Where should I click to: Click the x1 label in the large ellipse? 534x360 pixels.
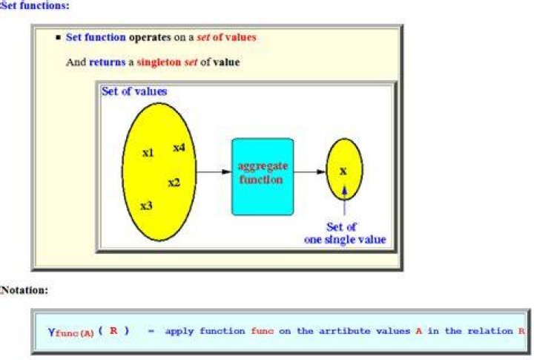[x=148, y=153]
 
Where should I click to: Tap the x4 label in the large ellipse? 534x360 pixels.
[x=179, y=148]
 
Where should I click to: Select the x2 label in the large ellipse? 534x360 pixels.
[x=174, y=183]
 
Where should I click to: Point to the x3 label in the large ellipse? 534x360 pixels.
[x=146, y=206]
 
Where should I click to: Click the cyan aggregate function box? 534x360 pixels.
[x=263, y=177]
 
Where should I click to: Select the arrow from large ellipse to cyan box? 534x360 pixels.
[x=214, y=171]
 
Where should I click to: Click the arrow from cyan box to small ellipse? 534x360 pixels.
[x=309, y=171]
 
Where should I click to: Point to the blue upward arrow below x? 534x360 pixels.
[x=344, y=200]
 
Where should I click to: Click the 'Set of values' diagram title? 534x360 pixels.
[x=134, y=91]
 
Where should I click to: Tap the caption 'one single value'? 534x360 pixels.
[x=345, y=240]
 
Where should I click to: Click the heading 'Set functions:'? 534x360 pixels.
[x=34, y=6]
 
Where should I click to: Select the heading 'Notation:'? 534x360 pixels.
[x=24, y=290]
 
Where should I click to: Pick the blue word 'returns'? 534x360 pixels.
[x=108, y=62]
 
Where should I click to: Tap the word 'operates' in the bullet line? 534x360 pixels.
[x=150, y=38]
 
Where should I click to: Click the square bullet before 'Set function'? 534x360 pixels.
[x=59, y=37]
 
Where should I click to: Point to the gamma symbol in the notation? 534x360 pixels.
[x=51, y=332]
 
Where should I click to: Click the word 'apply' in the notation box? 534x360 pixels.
[x=179, y=331]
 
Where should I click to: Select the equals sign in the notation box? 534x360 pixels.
[x=151, y=331]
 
